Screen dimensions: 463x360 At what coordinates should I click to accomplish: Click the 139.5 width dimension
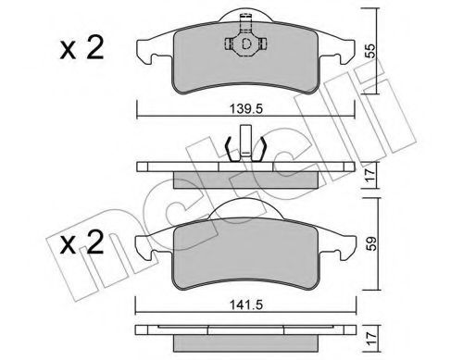(246, 109)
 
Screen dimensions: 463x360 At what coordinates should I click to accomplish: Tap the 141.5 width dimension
(246, 305)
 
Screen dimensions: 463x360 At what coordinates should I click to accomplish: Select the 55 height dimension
(369, 51)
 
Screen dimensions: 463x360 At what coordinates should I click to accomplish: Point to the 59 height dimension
(369, 243)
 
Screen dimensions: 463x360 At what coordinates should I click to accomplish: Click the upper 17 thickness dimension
(370, 175)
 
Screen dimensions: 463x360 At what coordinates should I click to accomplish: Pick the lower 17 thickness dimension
(370, 339)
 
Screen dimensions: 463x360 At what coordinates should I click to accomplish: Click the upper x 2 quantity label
(81, 48)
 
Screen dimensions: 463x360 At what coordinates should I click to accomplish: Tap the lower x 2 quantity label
(81, 243)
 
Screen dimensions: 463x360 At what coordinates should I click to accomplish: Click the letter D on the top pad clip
(246, 43)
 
